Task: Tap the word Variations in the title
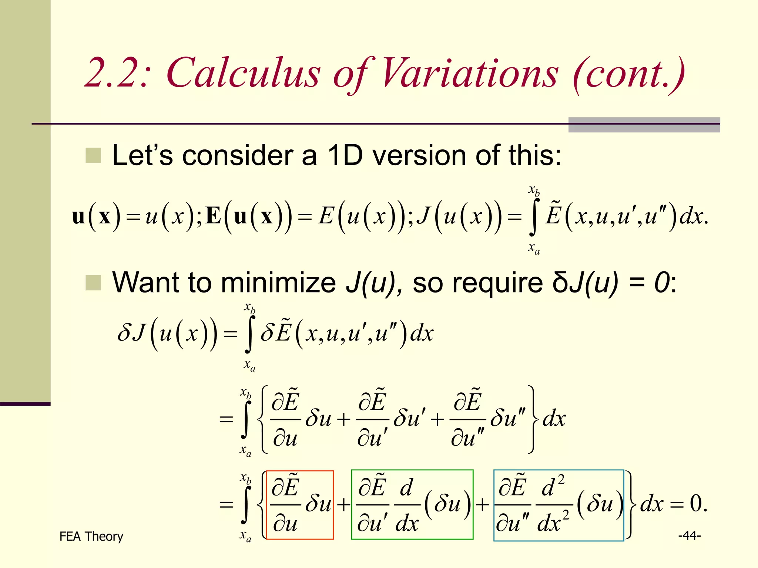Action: (x=469, y=73)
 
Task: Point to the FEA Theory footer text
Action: (x=91, y=536)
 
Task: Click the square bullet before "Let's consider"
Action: (x=93, y=156)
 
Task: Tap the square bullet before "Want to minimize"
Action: (x=93, y=283)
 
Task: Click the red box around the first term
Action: (x=300, y=505)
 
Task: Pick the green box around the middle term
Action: (x=412, y=505)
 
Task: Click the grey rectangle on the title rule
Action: (x=644, y=125)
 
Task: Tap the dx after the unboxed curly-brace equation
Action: (x=554, y=419)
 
